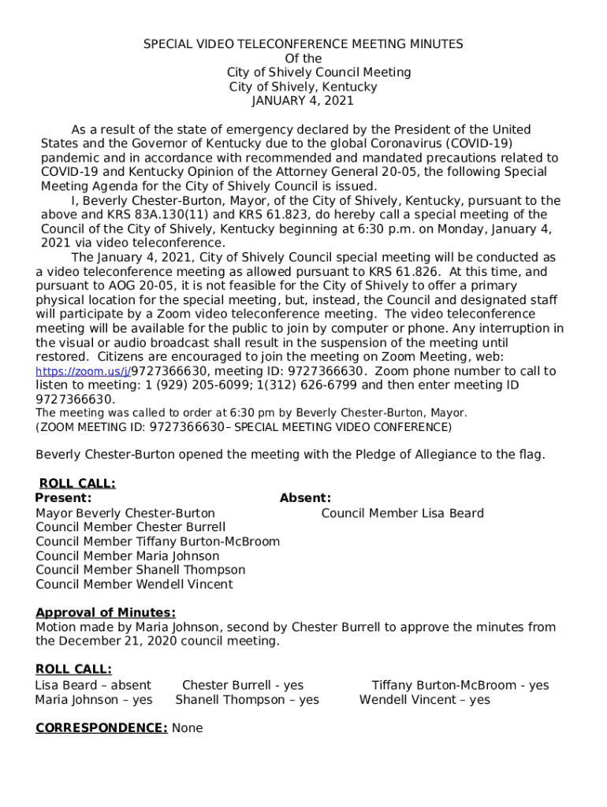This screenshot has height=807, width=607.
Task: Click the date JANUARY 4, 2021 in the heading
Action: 303,101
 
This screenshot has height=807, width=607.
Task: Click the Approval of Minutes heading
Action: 106,612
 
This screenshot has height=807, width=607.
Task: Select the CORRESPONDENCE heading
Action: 101,728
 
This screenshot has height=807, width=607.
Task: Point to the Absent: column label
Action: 305,498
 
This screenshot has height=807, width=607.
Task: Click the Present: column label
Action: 63,498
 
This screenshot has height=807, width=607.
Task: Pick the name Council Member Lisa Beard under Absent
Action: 402,513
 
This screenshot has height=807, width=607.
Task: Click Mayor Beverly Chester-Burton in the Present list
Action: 125,513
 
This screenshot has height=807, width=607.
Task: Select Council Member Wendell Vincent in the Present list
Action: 134,584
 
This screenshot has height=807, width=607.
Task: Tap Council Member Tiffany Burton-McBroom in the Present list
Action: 158,541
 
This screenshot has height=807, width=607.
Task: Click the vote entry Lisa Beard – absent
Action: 93,686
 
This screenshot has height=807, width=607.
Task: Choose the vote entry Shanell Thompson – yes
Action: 247,700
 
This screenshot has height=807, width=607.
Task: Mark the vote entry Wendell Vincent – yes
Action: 424,700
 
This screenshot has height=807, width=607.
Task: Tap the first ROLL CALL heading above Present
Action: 77,484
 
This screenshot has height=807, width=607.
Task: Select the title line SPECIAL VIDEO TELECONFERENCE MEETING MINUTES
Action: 303,44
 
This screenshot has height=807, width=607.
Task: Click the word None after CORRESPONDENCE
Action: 187,728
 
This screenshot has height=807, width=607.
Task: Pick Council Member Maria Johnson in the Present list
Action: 128,556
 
